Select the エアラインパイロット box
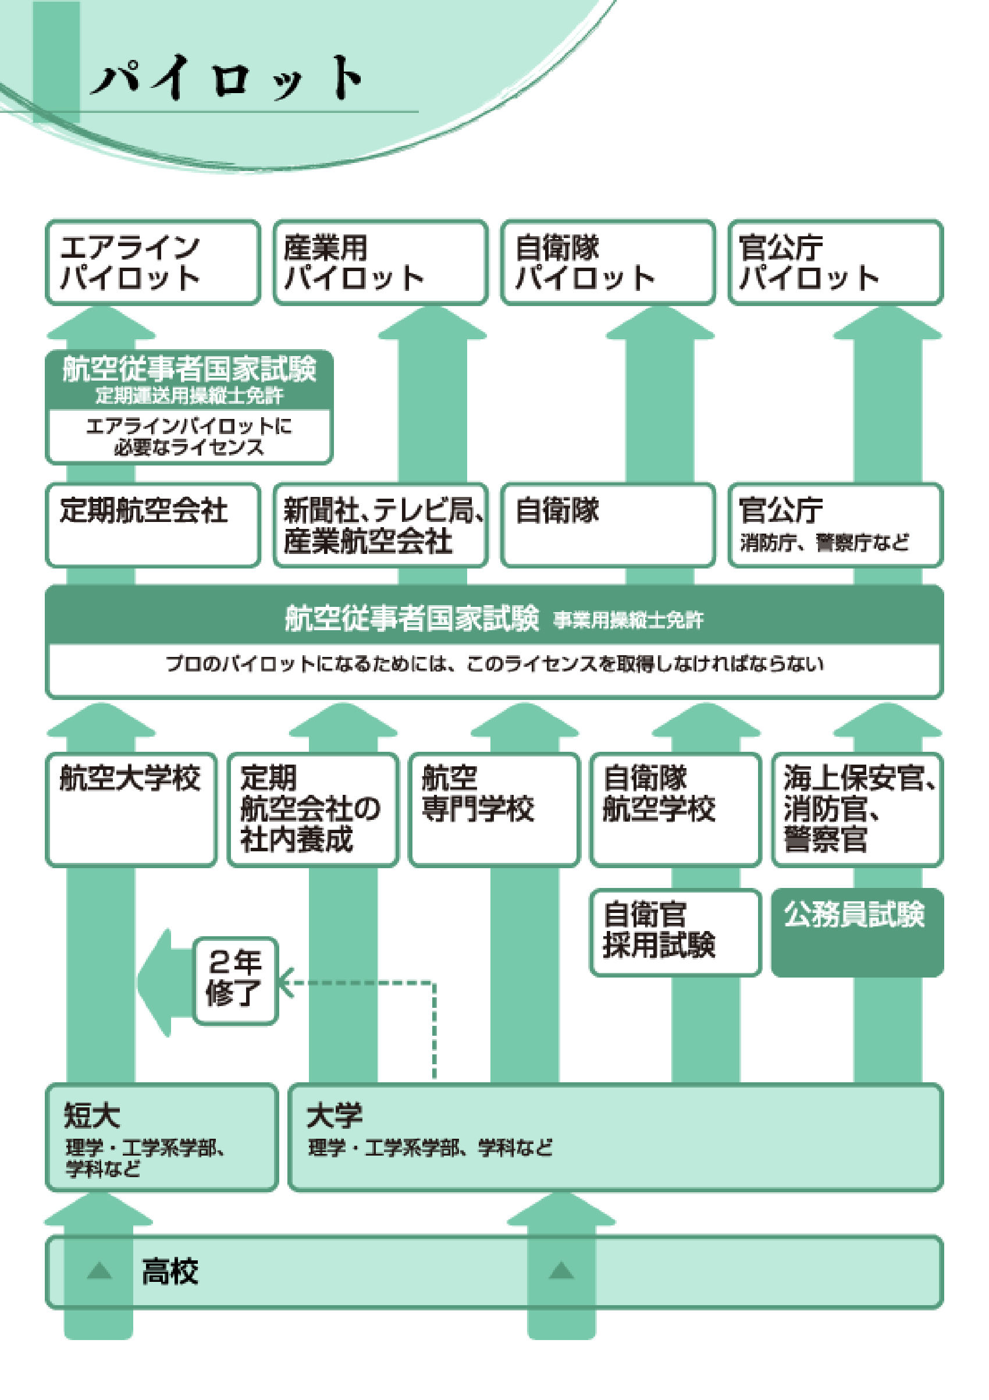tap(153, 262)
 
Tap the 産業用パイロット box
tap(380, 262)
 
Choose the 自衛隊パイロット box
tap(608, 262)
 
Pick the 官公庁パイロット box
tap(835, 262)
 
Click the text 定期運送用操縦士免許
tap(189, 396)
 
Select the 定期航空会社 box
tap(153, 524)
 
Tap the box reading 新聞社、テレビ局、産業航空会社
tap(380, 524)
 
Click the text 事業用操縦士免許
tap(628, 620)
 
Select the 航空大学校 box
tap(131, 809)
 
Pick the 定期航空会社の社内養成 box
tap(312, 809)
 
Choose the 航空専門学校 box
tap(494, 809)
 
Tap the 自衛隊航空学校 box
tap(675, 809)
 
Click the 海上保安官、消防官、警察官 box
tap(857, 809)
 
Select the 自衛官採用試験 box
tap(675, 932)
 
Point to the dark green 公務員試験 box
tap(857, 932)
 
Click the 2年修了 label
tap(236, 980)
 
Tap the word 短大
tap(92, 1116)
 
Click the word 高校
tap(170, 1272)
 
